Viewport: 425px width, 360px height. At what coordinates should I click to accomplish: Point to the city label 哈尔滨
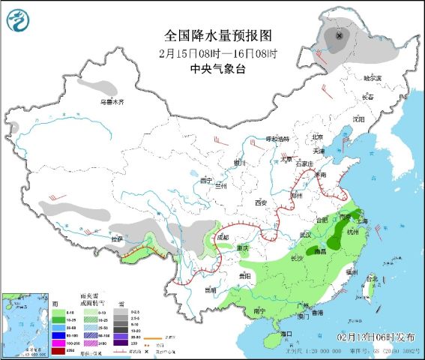[373, 78]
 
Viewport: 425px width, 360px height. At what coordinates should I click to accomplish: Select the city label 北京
[317, 137]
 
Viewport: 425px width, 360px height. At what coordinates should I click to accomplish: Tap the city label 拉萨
[117, 239]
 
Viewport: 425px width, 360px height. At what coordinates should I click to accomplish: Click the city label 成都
[223, 238]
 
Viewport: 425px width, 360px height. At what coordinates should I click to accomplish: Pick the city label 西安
[261, 202]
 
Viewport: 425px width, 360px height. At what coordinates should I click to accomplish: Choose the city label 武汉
[305, 235]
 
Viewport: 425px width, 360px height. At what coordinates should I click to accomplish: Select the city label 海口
[285, 332]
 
